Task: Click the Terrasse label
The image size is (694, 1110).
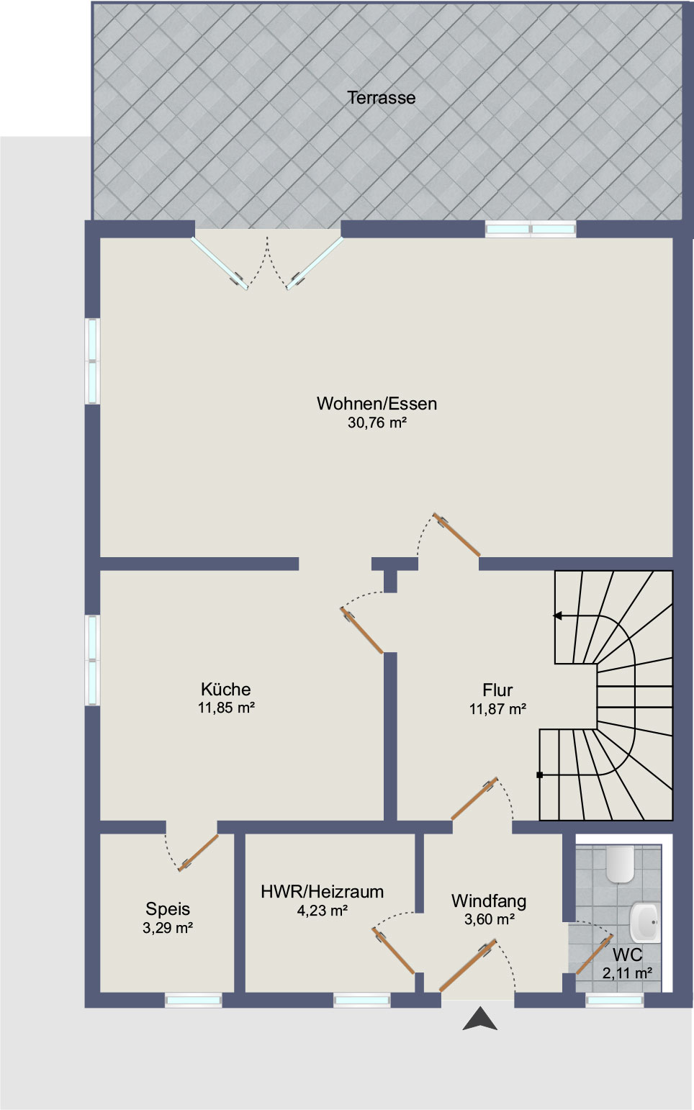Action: point(382,98)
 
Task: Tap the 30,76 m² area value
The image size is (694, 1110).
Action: point(377,423)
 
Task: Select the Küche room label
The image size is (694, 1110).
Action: point(226,689)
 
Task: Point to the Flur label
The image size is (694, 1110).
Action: point(497,690)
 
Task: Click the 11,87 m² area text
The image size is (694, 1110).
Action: point(497,709)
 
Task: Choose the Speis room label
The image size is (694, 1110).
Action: point(168,909)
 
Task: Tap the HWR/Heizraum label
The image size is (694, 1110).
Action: point(323,892)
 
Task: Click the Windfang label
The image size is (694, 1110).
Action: point(489,901)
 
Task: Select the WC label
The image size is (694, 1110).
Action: point(628,954)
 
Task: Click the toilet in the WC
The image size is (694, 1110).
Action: point(620,865)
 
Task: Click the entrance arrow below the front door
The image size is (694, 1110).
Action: point(479,1019)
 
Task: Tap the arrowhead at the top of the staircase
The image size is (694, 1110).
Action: point(558,615)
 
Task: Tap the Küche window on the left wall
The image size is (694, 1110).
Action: point(92,659)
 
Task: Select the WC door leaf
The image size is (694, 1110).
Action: point(595,955)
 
